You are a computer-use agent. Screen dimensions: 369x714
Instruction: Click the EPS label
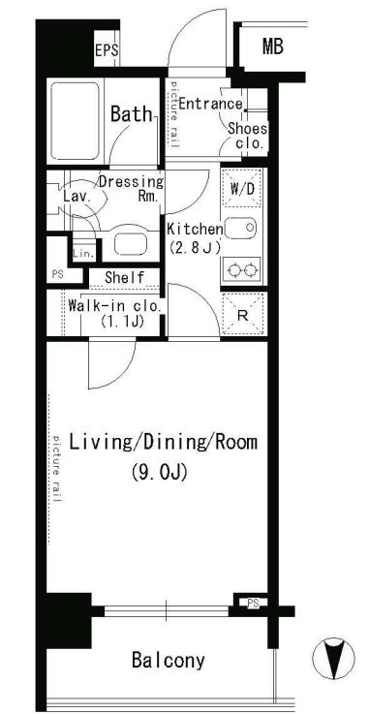(x=107, y=49)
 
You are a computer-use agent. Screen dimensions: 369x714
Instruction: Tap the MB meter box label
(x=272, y=46)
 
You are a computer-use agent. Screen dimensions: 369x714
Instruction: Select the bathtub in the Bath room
(x=76, y=121)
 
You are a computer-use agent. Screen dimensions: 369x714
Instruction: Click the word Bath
(x=131, y=114)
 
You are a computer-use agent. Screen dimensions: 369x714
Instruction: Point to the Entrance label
(x=211, y=104)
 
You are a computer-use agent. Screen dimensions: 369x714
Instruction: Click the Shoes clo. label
(x=247, y=137)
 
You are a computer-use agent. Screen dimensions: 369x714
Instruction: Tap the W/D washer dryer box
(x=241, y=189)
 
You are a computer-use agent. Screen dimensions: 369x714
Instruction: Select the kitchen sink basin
(x=241, y=227)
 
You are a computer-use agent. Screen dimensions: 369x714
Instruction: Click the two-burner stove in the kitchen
(x=241, y=270)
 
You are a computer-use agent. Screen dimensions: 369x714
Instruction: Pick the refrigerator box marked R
(x=243, y=314)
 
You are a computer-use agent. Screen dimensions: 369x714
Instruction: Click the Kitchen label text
(x=195, y=229)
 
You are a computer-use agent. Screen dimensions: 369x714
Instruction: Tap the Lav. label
(x=77, y=198)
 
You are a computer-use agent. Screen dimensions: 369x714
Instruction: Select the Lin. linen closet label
(x=84, y=254)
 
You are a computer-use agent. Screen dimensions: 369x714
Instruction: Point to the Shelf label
(x=125, y=277)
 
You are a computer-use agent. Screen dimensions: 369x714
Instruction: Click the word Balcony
(x=169, y=660)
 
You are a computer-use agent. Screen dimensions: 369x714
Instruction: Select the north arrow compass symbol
(x=333, y=659)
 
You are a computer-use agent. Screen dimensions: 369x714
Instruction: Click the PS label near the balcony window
(x=253, y=604)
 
